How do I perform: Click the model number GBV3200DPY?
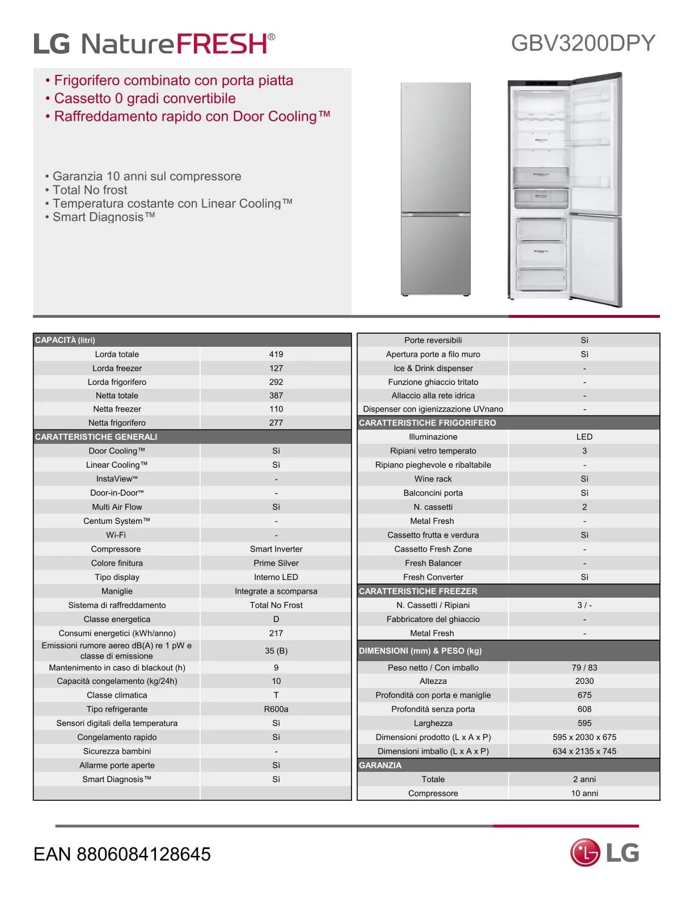(x=583, y=43)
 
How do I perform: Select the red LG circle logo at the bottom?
(x=585, y=853)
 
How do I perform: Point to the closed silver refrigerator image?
(x=436, y=189)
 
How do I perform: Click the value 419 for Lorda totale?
(x=276, y=354)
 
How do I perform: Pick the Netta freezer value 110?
(x=276, y=409)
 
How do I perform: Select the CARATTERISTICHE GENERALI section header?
(x=96, y=437)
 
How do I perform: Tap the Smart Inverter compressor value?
(x=276, y=549)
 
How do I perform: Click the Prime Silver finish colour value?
(x=276, y=563)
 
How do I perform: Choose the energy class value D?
(x=276, y=619)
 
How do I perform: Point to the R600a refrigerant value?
(x=276, y=709)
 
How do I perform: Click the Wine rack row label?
(x=433, y=479)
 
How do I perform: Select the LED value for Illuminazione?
(x=584, y=437)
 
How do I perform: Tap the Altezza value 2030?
(x=584, y=681)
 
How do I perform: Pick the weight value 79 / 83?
(x=584, y=668)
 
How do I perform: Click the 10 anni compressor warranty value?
(x=584, y=793)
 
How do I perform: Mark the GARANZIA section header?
(x=380, y=766)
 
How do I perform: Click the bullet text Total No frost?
(x=90, y=190)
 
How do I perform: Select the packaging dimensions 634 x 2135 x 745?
(x=584, y=751)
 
